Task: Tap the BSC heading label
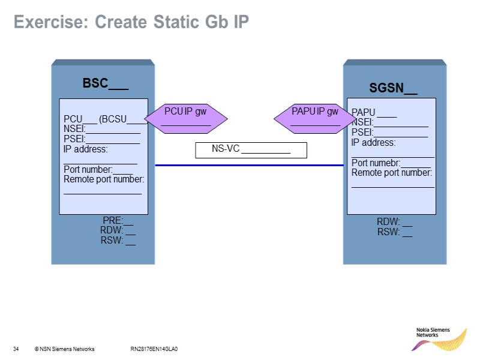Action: pyautogui.click(x=105, y=83)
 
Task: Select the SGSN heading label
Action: pyautogui.click(x=393, y=89)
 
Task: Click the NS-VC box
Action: pyautogui.click(x=251, y=150)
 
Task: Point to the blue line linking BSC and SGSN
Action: pyautogui.click(x=249, y=165)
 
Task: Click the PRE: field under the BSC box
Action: pyautogui.click(x=118, y=221)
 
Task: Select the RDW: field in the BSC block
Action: pyautogui.click(x=118, y=230)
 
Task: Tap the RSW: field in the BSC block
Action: pyautogui.click(x=118, y=241)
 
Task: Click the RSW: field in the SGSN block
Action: pyautogui.click(x=394, y=233)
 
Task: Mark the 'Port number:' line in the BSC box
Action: pyautogui.click(x=98, y=170)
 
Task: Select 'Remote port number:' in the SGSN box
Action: pyautogui.click(x=392, y=173)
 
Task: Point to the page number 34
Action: pyautogui.click(x=16, y=349)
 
